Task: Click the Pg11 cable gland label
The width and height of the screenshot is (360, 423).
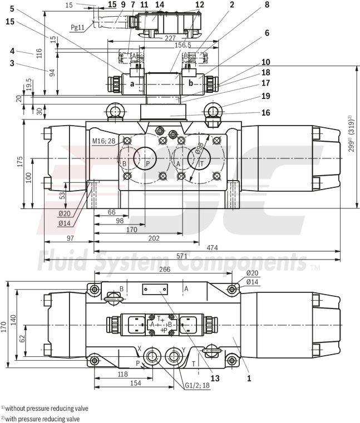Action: pyautogui.click(x=78, y=26)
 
